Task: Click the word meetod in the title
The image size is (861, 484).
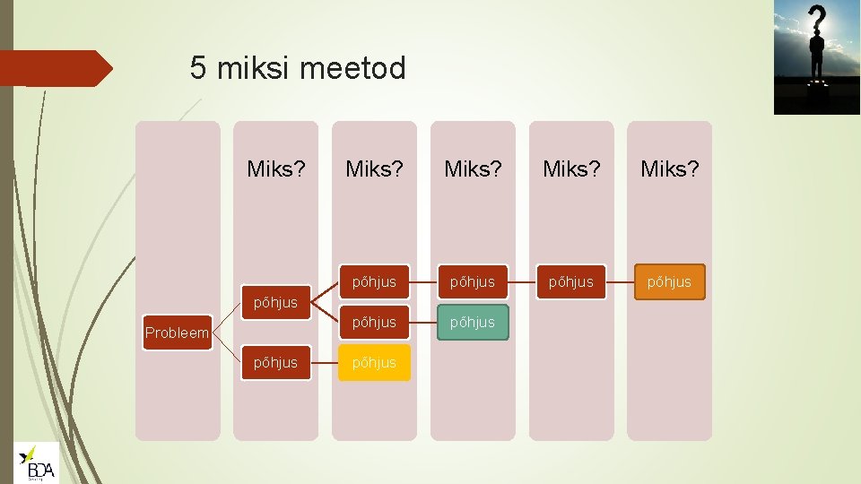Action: pos(361,68)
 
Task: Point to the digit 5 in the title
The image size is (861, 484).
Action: pos(198,68)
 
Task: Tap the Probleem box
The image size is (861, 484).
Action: pos(177,333)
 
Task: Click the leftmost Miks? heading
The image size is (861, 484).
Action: pos(276,169)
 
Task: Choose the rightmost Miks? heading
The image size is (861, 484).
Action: pos(669,169)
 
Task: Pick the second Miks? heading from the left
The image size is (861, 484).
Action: pos(374,169)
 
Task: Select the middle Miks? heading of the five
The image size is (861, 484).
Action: pos(473,169)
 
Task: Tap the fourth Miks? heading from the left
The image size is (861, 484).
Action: pos(571,169)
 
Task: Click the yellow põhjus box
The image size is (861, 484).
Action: pos(374,363)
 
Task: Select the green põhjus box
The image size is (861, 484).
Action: pos(473,323)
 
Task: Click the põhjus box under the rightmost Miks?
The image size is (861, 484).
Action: pos(669,281)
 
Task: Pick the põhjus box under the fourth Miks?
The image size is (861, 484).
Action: pos(571,281)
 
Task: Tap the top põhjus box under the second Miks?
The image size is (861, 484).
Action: pos(374,281)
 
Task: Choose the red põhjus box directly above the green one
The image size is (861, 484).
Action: pos(473,281)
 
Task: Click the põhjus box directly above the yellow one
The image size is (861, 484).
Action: pos(374,323)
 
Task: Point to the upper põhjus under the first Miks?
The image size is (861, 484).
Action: pos(275,302)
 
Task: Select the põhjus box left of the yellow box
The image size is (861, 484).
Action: pos(275,363)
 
